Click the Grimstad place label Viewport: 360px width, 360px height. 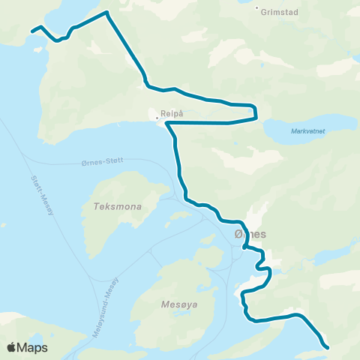pos(280,10)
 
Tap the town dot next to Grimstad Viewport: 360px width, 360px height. pos(257,10)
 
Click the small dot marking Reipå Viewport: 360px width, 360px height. pos(157,118)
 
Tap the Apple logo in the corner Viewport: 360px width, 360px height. pos(11,347)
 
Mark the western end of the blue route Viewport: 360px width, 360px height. pos(32,31)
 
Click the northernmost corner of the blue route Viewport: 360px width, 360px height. pos(107,13)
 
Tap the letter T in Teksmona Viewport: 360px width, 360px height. pos(95,205)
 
